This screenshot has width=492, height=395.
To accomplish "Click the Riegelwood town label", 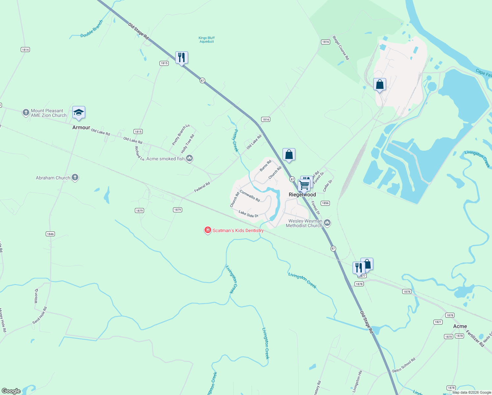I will (x=302, y=195).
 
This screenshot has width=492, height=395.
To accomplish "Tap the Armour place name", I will (x=81, y=127).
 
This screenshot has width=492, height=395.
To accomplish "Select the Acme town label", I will (x=460, y=326).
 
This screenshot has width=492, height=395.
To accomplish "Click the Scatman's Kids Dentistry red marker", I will (x=208, y=230).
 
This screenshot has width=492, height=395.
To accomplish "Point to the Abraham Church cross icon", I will (x=75, y=178).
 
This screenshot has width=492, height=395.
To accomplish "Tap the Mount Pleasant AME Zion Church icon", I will (x=26, y=113).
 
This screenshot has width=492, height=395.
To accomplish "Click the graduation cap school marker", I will (x=79, y=113).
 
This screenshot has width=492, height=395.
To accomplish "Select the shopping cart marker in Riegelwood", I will (x=304, y=185).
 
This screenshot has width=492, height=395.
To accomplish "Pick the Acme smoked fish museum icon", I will (x=189, y=159).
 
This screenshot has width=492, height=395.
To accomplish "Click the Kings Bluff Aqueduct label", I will (x=207, y=39).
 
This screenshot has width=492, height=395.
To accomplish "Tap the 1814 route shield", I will (x=25, y=50).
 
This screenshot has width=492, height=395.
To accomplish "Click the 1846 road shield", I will (x=50, y=234).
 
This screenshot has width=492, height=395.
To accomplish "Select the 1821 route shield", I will (x=438, y=322).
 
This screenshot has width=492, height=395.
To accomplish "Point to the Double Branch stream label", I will (x=92, y=29).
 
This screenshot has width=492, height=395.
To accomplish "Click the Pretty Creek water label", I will (x=235, y=141).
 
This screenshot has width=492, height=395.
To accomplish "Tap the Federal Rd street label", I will (x=202, y=187).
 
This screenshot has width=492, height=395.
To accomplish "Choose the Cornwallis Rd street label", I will (x=250, y=196).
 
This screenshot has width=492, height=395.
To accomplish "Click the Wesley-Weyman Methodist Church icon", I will (x=327, y=223).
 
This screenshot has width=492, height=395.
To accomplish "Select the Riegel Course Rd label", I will (x=341, y=48).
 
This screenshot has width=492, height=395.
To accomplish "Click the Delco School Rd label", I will (x=404, y=365).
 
